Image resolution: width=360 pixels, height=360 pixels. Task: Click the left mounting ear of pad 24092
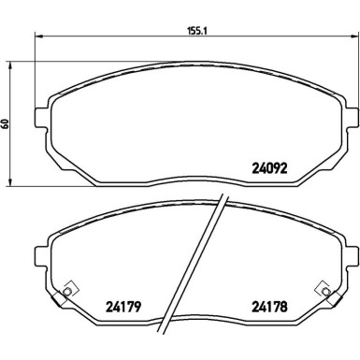pyautogui.click(x=39, y=119)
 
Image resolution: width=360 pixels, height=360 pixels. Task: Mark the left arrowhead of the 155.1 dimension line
pyautogui.click(x=37, y=37)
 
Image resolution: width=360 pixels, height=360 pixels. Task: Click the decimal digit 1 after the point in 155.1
pyautogui.click(x=206, y=29)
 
